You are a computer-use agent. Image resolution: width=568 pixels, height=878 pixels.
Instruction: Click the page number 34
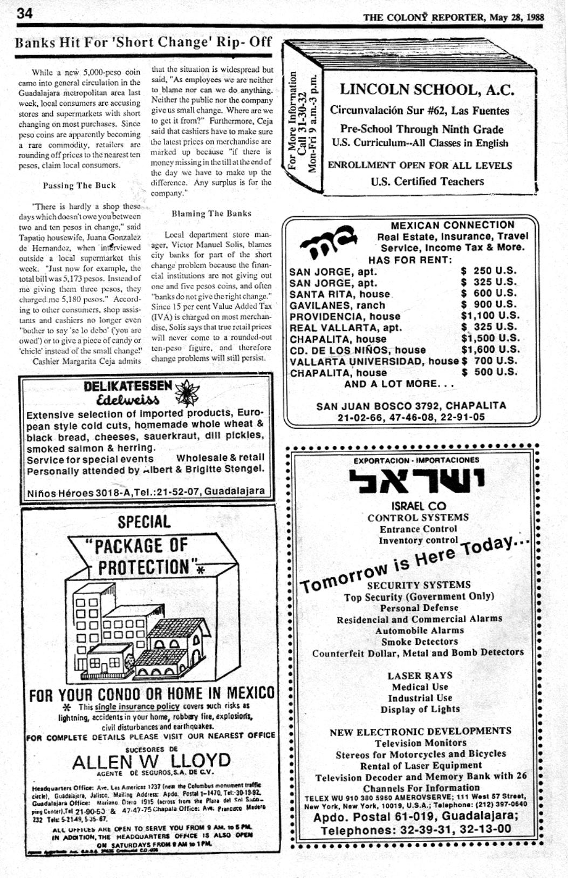(x=24, y=13)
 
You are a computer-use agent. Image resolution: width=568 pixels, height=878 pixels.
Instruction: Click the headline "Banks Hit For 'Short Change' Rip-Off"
(x=143, y=43)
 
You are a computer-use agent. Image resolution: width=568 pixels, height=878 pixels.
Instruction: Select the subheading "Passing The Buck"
(x=79, y=185)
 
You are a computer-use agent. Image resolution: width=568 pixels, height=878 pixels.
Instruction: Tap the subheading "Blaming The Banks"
(x=211, y=213)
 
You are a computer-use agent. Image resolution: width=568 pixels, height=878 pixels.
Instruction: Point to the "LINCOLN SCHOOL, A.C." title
(x=427, y=90)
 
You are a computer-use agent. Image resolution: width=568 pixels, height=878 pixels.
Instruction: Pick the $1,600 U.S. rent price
(x=490, y=349)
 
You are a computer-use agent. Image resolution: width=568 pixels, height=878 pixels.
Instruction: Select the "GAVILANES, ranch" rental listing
(x=337, y=305)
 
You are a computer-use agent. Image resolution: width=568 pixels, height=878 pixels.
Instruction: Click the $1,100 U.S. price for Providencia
(x=490, y=316)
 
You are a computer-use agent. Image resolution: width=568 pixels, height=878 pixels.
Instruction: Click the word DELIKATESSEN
(x=128, y=386)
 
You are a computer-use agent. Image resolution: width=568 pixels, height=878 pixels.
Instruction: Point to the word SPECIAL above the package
(x=144, y=522)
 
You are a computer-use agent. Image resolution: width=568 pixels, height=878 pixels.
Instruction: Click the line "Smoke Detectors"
(x=419, y=641)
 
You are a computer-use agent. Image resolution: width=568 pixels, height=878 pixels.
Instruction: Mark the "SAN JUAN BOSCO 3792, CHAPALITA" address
(x=411, y=405)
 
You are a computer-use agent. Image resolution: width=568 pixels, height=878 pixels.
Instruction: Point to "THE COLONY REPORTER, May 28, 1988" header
(x=453, y=17)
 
